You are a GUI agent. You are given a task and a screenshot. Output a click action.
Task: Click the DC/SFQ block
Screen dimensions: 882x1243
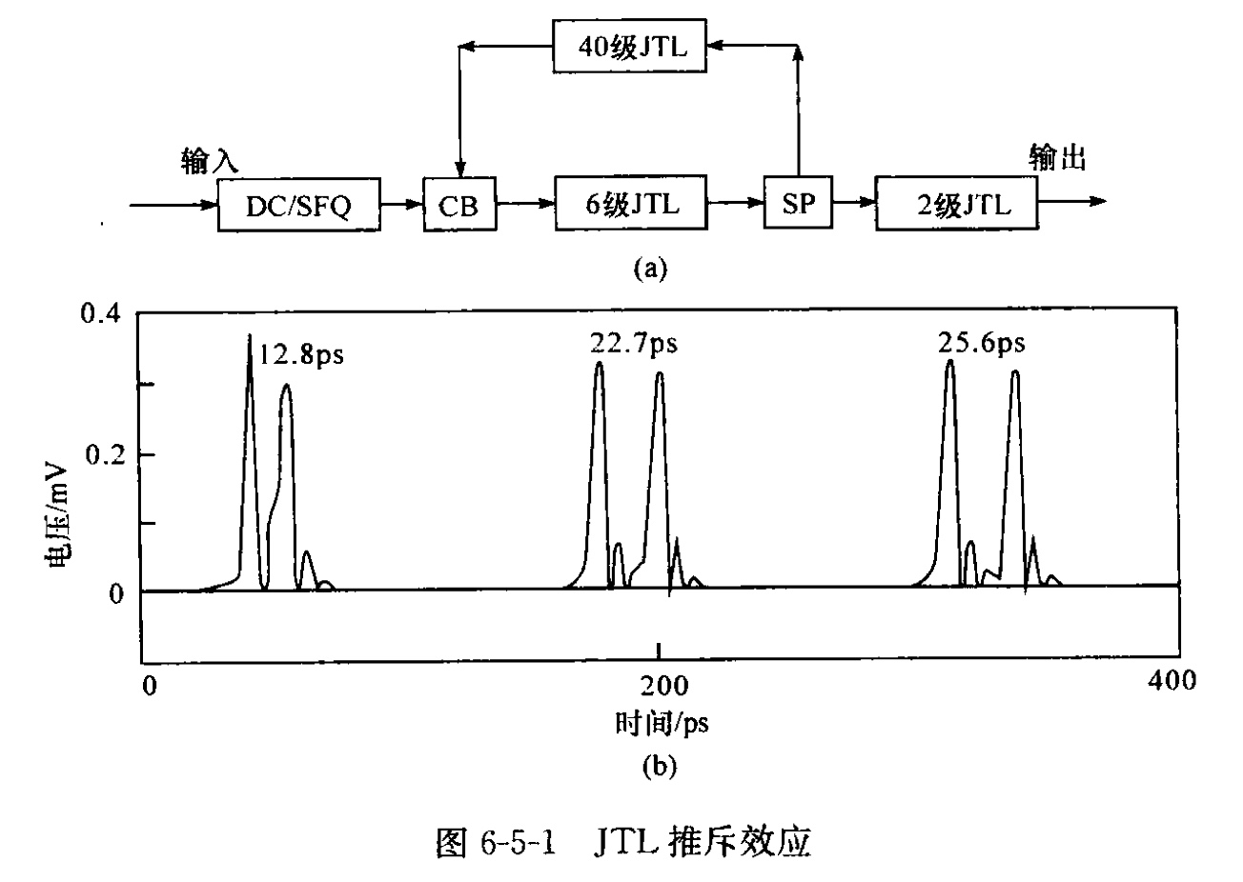[x=298, y=204]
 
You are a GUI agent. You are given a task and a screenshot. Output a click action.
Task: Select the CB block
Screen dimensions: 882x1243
[x=459, y=204]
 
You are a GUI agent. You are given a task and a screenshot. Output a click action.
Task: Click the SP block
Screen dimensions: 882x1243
[x=798, y=204]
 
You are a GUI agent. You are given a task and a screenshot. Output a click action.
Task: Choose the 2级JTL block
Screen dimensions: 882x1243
[x=956, y=204]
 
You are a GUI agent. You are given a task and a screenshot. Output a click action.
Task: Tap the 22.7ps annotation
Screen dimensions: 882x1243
[x=633, y=343]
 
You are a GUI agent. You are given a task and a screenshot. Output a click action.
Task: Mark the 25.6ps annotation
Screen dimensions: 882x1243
[x=981, y=343]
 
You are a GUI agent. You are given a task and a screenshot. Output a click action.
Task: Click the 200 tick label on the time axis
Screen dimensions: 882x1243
[x=660, y=683]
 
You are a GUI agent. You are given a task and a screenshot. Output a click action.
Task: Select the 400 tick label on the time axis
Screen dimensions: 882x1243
[x=1168, y=681]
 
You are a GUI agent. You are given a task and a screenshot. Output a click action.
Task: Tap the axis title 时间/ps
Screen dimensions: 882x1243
[x=662, y=724]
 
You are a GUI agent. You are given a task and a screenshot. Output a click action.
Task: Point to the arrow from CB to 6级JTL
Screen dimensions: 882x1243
[x=525, y=203]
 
